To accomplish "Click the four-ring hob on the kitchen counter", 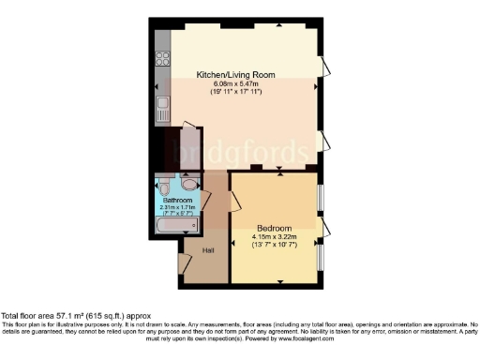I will click(162, 58).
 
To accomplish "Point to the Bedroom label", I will click(274, 228).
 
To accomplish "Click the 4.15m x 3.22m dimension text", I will click(274, 236).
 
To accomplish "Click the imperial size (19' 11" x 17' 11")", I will click(236, 91).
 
